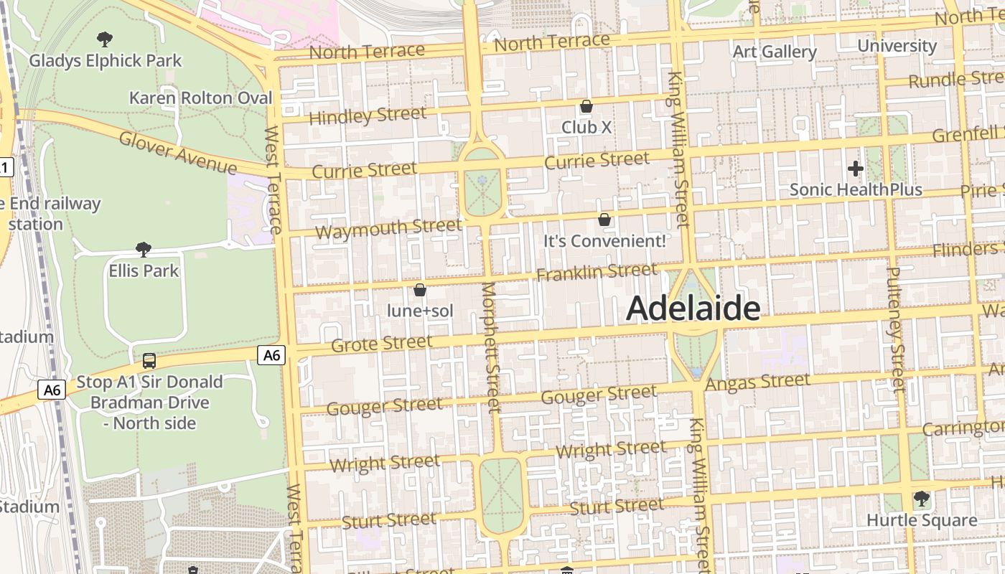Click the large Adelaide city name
[x=693, y=309]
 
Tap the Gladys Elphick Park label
[x=106, y=61]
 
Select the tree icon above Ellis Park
[x=144, y=250]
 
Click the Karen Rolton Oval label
[x=201, y=98]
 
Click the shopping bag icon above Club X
[x=586, y=106]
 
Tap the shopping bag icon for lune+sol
[x=420, y=290]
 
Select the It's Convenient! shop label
[x=604, y=241]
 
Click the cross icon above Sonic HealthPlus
[x=855, y=169]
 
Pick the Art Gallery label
[x=775, y=52]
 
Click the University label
[x=897, y=46]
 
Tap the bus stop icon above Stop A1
[x=149, y=360]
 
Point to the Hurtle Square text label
[x=922, y=520]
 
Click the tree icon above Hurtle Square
[x=922, y=498]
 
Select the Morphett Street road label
[x=490, y=347]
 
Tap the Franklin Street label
[x=597, y=273]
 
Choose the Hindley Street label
[x=368, y=116]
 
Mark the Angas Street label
[x=757, y=382]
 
